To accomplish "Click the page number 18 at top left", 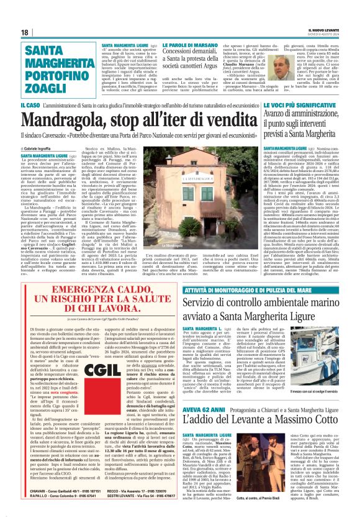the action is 25,32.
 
